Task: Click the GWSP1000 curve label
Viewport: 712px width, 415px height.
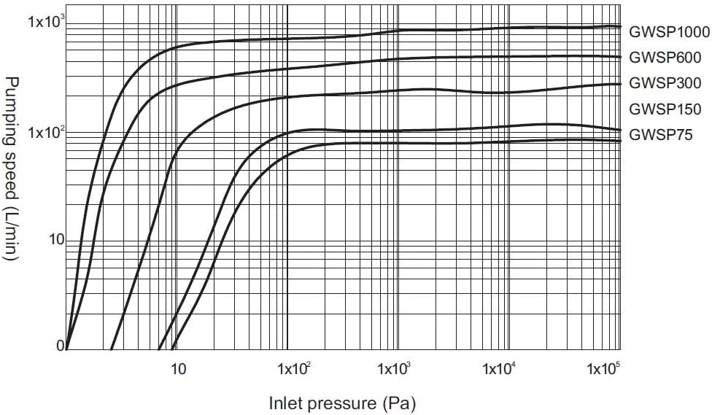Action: [669, 32]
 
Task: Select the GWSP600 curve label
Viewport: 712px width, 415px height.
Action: [665, 58]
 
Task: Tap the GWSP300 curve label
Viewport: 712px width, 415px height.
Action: [665, 83]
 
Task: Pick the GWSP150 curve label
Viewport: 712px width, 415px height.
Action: [665, 109]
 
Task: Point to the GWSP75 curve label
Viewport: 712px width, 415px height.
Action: [661, 135]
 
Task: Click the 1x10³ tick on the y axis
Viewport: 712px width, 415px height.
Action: [46, 21]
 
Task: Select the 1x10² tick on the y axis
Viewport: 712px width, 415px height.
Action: [46, 133]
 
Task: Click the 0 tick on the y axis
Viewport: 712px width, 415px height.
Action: [61, 346]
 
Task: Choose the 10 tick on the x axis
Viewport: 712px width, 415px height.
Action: [178, 369]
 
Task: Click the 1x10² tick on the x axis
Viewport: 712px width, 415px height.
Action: [294, 368]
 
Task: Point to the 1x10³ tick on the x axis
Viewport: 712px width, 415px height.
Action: [395, 368]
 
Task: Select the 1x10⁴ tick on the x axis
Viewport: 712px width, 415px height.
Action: [499, 368]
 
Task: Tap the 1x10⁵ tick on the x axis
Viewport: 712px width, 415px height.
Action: [603, 368]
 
